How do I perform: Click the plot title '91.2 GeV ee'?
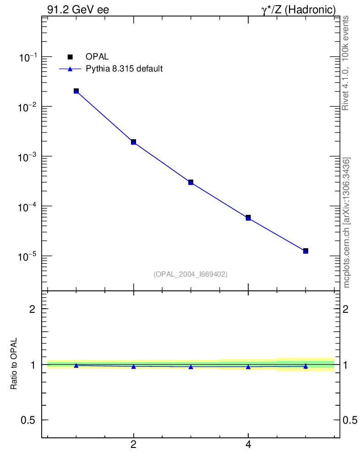coord(78,10)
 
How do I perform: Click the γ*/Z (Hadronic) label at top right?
coord(299,10)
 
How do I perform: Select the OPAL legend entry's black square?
coord(70,57)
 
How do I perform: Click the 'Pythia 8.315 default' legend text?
coord(124,69)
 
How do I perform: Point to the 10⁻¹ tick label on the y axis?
coord(28,58)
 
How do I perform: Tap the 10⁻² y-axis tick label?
coord(28,107)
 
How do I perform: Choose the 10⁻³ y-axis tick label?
coord(28,157)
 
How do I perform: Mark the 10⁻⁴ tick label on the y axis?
coord(28,207)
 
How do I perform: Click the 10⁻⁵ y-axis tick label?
coord(28,256)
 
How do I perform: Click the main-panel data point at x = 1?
coord(76,91)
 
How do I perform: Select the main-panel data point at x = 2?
coord(133,142)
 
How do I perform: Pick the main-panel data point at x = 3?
coord(191,182)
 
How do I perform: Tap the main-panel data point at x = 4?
coord(248,218)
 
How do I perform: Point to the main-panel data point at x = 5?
coord(305,251)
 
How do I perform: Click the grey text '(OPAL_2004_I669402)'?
coord(191,274)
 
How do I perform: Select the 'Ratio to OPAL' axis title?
coord(14,364)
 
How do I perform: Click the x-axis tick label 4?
coord(248,444)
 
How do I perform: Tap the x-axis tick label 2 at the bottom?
coord(133,444)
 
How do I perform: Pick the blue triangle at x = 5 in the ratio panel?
coord(305,366)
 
